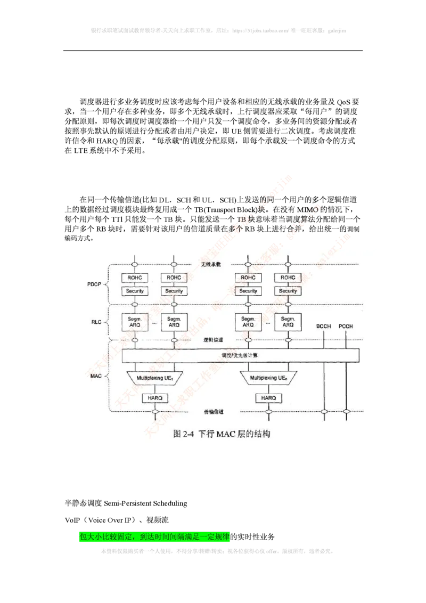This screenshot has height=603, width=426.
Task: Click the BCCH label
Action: click(324, 326)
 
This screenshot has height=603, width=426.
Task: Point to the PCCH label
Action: click(346, 326)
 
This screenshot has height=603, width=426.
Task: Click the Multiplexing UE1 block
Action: click(155, 378)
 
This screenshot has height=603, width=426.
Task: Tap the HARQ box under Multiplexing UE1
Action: click(155, 398)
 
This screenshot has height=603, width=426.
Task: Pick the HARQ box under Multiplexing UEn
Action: click(268, 398)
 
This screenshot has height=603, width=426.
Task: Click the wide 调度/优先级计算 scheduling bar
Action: click(241, 355)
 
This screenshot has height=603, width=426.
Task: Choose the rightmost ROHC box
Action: click(288, 278)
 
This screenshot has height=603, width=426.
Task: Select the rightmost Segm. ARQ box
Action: click(288, 322)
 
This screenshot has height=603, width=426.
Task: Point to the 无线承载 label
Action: click(210, 265)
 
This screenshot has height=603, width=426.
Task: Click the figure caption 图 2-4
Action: click(222, 434)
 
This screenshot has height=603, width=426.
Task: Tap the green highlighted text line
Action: click(154, 537)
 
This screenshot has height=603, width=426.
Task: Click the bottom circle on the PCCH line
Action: click(346, 411)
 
